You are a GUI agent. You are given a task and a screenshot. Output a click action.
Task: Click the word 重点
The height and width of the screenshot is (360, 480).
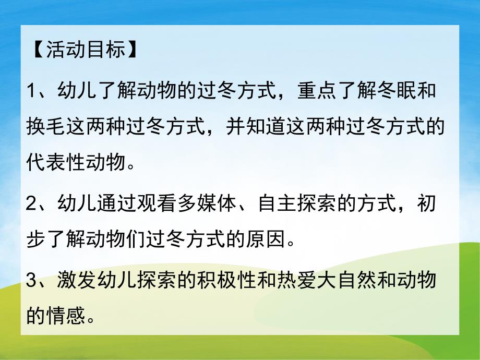(313, 92)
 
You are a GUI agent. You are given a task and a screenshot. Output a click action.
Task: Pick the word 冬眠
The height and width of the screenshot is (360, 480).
(397, 92)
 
